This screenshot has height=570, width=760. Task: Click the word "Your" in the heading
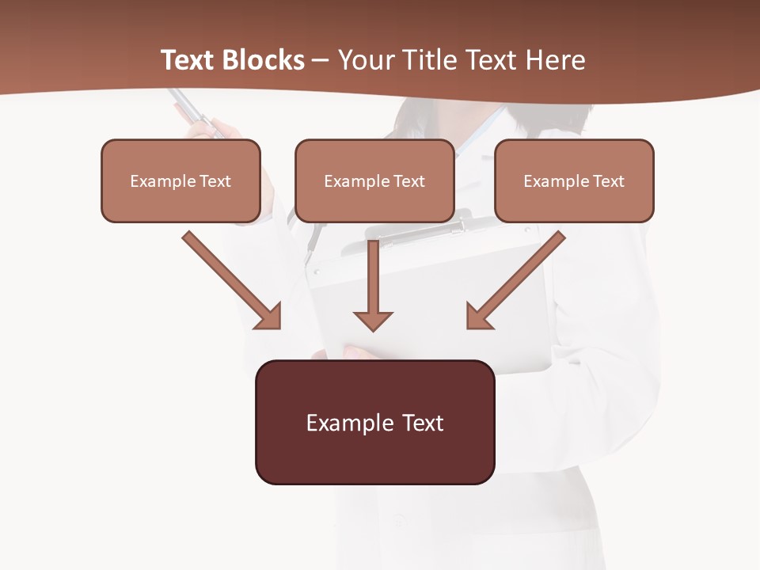[363, 60]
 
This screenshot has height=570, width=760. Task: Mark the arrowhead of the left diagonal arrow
[268, 316]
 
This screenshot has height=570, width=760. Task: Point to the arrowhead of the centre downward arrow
[373, 321]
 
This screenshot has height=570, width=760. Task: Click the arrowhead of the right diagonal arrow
[479, 316]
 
